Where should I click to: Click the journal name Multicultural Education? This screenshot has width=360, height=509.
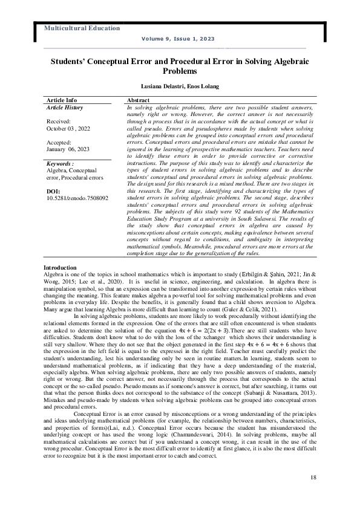pos(82,28)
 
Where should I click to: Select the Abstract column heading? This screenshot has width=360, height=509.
pos(139,100)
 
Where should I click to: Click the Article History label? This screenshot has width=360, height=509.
pos(65,107)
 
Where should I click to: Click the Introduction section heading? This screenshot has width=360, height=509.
pos(60,268)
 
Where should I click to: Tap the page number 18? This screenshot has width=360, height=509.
pos(312,477)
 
